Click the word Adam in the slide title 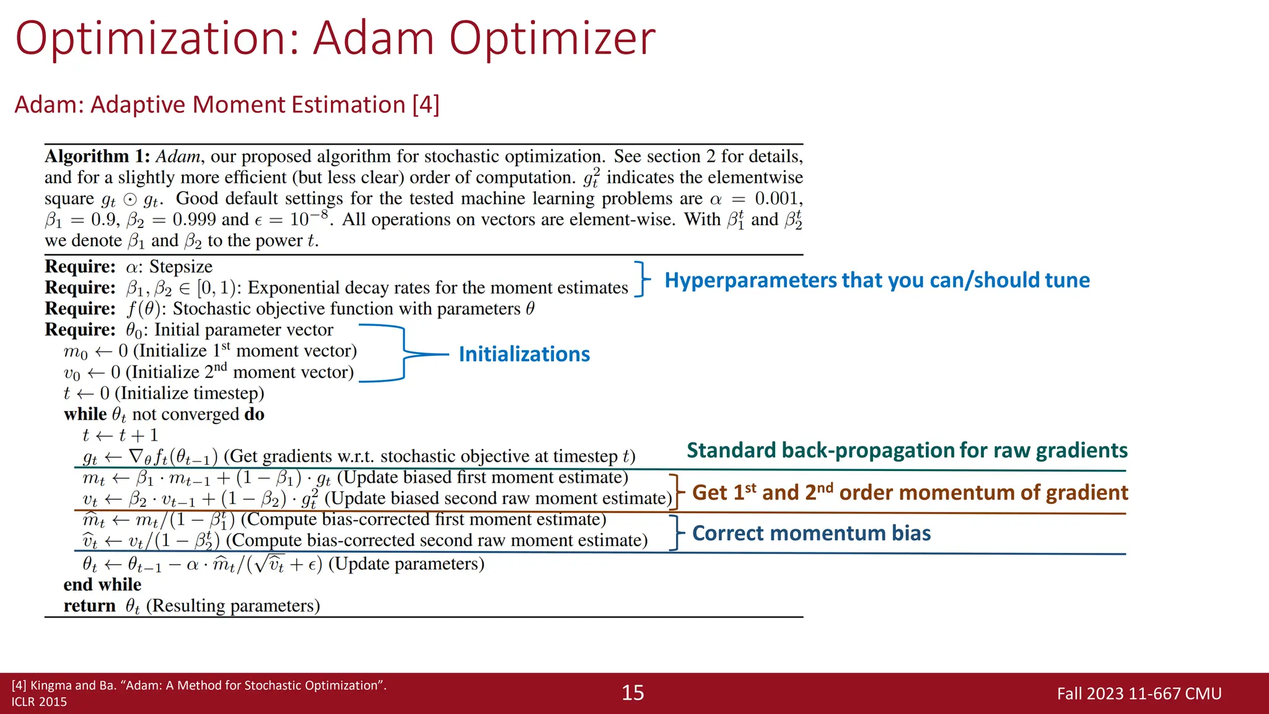pyautogui.click(x=373, y=38)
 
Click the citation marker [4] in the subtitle pyautogui.click(x=426, y=105)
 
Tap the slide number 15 pyautogui.click(x=633, y=693)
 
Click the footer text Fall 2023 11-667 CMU pyautogui.click(x=1139, y=694)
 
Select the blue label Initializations pyautogui.click(x=524, y=355)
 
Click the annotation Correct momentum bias pyautogui.click(x=811, y=534)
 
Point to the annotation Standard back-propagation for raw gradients pyautogui.click(x=907, y=451)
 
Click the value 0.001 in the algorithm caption pyautogui.click(x=778, y=199)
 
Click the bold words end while pyautogui.click(x=102, y=585)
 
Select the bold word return pyautogui.click(x=89, y=606)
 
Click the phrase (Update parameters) pyautogui.click(x=406, y=564)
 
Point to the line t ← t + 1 pyautogui.click(x=120, y=435)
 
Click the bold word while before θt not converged pyautogui.click(x=85, y=414)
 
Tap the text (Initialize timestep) pyautogui.click(x=190, y=394)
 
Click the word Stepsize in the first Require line pyautogui.click(x=181, y=267)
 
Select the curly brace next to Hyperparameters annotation pyautogui.click(x=642, y=279)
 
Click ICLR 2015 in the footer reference pyautogui.click(x=39, y=702)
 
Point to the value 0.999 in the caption pyautogui.click(x=194, y=220)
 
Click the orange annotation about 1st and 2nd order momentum pyautogui.click(x=910, y=493)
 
